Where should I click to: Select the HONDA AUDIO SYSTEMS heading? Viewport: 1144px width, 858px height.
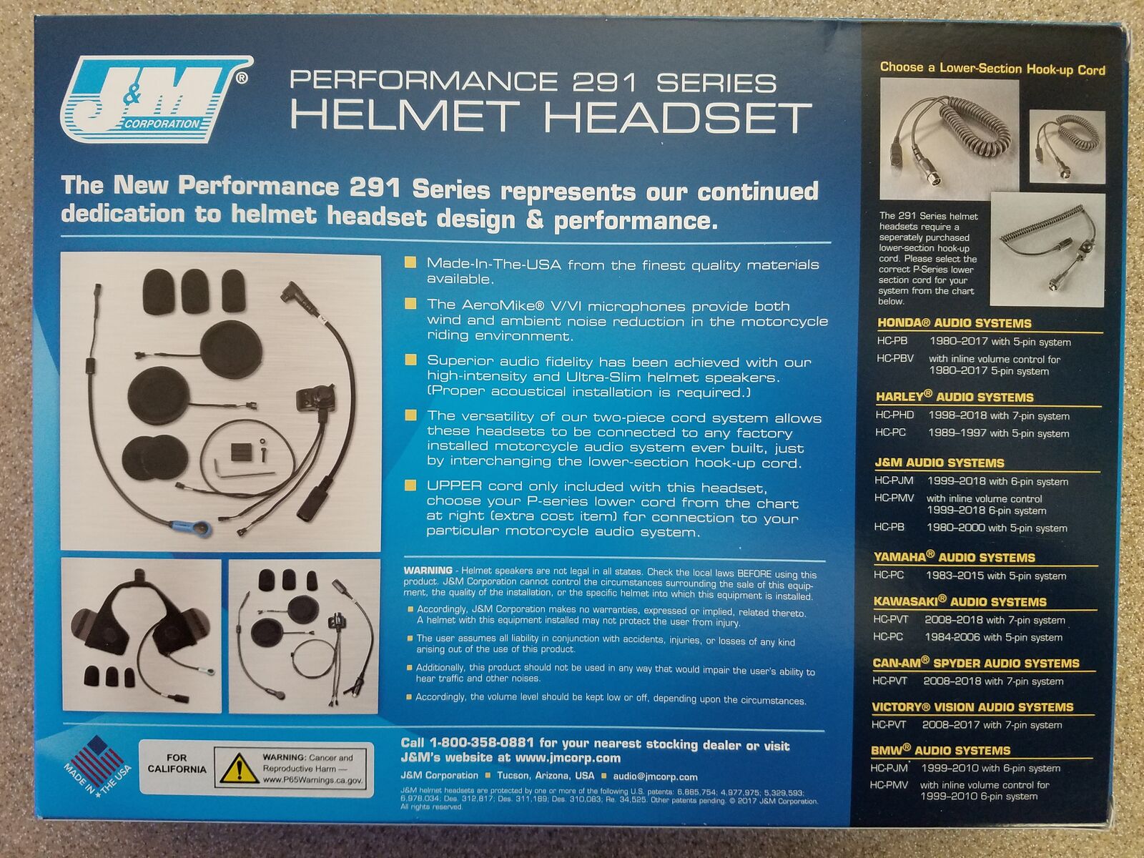pos(954,323)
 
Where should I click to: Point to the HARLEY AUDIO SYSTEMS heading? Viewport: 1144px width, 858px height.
pos(955,396)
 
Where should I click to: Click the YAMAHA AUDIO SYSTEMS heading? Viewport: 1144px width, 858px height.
pos(955,557)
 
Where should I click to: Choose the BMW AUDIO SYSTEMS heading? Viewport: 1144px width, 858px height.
pos(940,750)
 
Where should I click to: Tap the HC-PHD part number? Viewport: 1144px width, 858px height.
pos(895,415)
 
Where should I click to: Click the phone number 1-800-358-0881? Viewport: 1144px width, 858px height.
pos(482,742)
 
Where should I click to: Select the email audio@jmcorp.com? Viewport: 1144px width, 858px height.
pos(655,776)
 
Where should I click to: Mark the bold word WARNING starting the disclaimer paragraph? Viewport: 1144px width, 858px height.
pos(428,571)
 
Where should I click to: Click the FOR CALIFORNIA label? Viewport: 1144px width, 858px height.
pos(177,763)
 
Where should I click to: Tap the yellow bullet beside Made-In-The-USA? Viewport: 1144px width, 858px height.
pos(410,262)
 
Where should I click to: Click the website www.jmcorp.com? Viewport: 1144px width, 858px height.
pos(568,758)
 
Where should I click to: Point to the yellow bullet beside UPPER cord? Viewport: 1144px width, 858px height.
pos(410,485)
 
